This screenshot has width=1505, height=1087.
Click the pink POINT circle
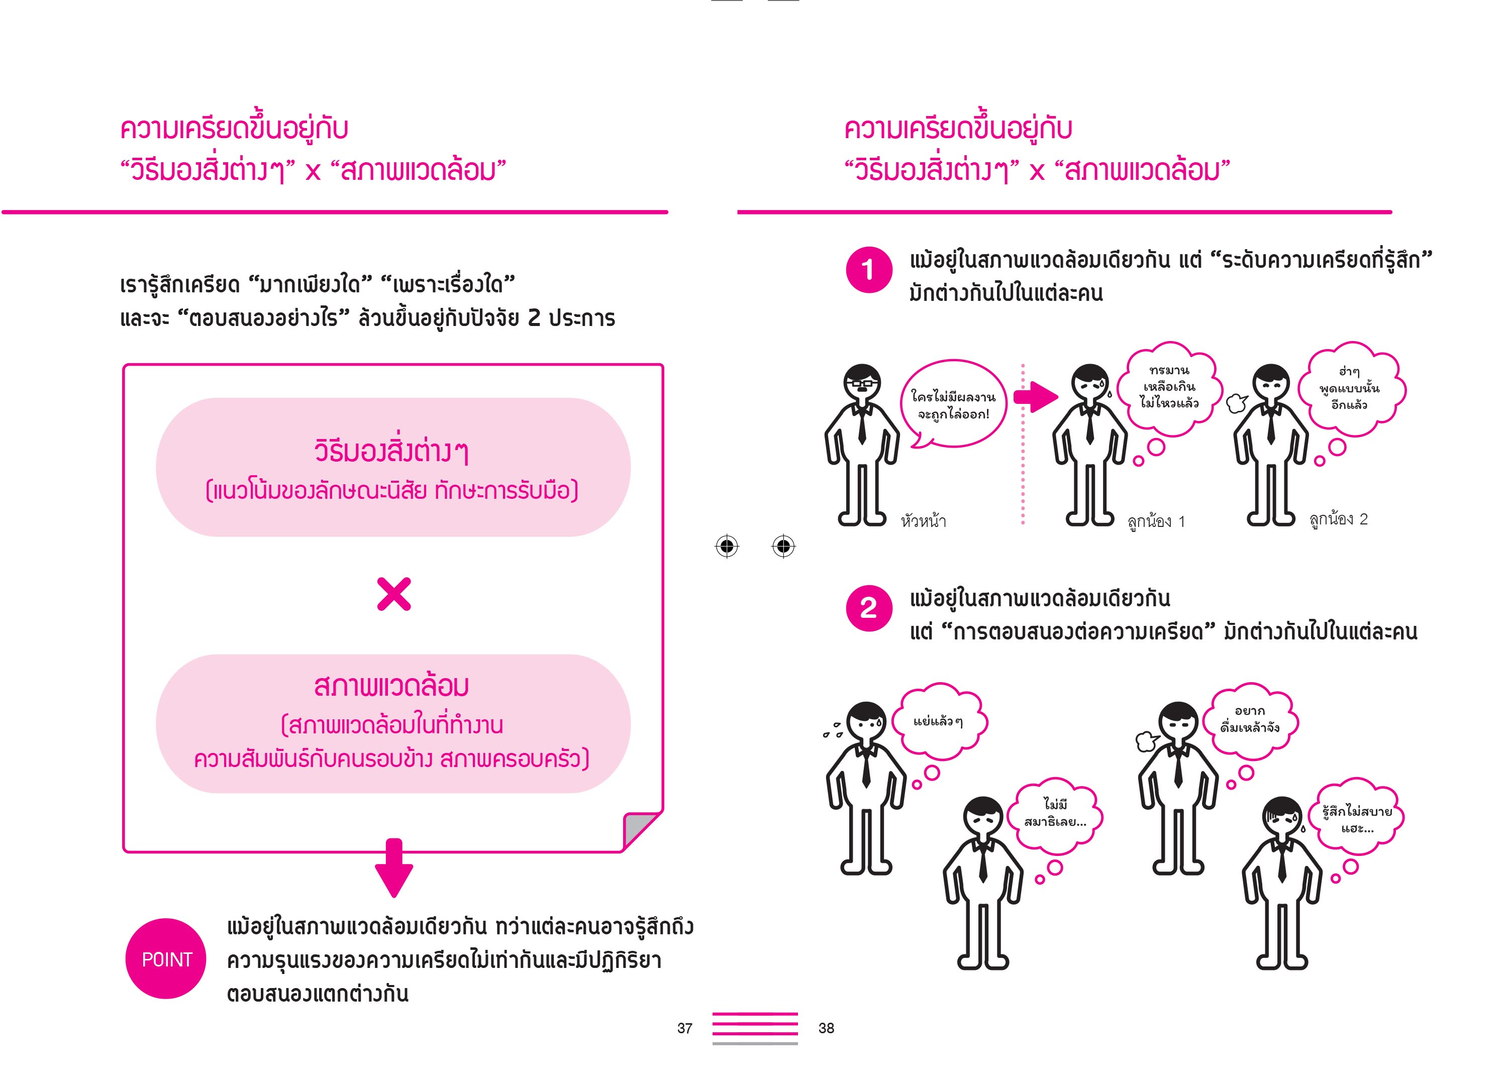click(x=166, y=958)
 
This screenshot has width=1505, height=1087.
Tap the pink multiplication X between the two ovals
click(x=393, y=594)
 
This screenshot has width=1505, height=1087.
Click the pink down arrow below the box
click(x=394, y=867)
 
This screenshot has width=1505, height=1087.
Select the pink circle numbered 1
click(x=869, y=269)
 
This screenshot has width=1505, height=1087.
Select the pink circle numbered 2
click(x=869, y=608)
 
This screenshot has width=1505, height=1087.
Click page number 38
click(x=826, y=1028)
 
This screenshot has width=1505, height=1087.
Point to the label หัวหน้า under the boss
click(x=924, y=520)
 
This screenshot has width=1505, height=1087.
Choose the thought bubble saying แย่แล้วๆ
click(x=938, y=722)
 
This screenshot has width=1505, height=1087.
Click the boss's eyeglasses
click(x=861, y=383)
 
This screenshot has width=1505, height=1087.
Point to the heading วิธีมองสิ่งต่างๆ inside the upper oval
click(x=392, y=451)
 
